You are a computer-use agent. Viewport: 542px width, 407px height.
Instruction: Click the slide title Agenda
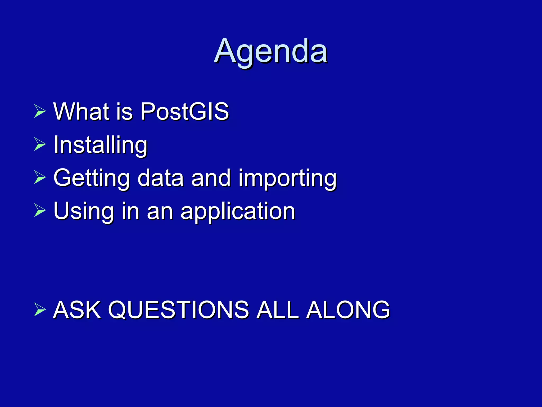[271, 51]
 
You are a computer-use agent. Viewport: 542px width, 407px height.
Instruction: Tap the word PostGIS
[184, 111]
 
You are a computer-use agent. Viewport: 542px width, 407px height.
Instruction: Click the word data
[161, 178]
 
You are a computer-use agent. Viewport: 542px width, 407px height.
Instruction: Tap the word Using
[83, 211]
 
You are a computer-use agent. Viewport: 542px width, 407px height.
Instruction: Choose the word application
[238, 211]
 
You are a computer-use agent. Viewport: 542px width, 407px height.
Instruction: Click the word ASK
[77, 309]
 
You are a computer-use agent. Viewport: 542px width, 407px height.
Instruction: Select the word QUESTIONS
[178, 309]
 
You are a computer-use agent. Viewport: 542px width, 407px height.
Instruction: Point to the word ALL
[278, 309]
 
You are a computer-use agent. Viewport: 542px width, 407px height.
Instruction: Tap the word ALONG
[348, 309]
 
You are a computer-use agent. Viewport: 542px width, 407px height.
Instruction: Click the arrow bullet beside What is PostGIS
[40, 111]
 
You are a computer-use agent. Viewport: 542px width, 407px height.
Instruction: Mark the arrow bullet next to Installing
[40, 145]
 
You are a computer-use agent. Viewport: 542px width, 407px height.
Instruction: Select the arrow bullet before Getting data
[40, 178]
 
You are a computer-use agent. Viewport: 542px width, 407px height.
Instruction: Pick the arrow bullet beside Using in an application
[40, 211]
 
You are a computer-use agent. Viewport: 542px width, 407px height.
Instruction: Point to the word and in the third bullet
[211, 178]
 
